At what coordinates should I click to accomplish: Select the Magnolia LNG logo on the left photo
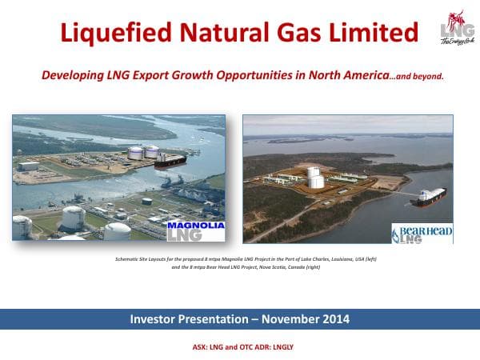coord(195,230)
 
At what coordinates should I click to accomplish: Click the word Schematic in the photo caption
coord(129,262)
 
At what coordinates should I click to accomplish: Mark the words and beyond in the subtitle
coord(416,77)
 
